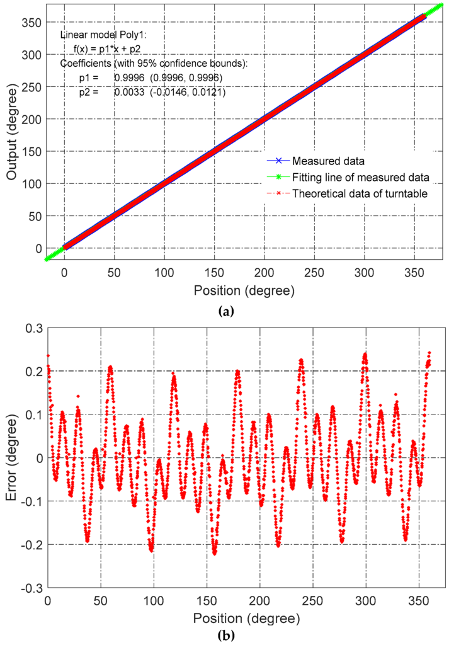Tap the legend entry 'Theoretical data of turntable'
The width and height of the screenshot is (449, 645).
pos(360,193)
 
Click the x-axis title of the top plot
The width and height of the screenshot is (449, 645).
pos(244,292)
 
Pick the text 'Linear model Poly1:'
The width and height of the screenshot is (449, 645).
pos(98,36)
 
